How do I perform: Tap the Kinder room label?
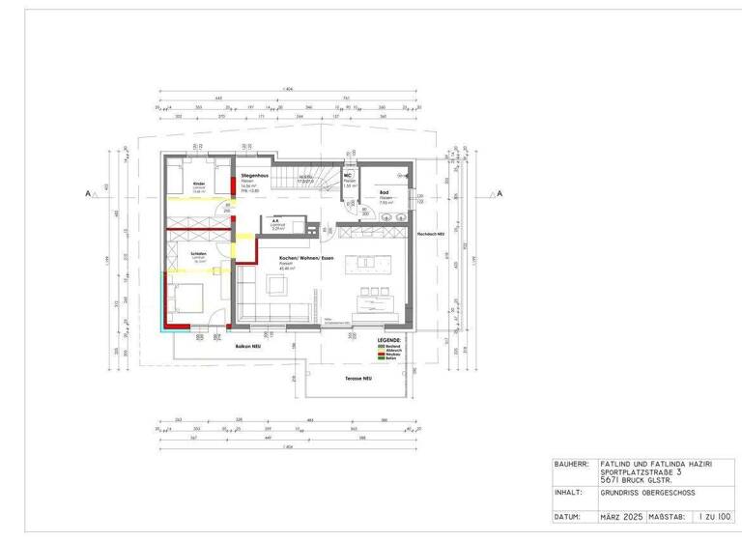coord(199,183)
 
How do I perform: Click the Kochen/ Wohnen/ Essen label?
coord(300,261)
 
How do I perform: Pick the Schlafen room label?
coord(198,254)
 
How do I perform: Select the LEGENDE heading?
coord(388,340)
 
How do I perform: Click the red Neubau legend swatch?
coord(382,355)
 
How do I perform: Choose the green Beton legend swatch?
coord(382,359)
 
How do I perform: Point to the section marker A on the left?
coord(89,194)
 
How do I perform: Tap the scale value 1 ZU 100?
coord(715,517)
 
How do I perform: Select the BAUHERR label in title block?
coord(571,464)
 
